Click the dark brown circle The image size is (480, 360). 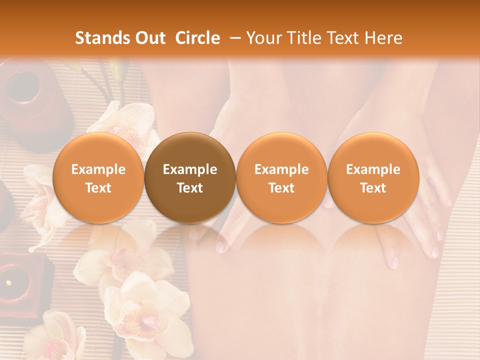coord(190,178)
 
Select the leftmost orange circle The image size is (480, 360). coord(98,178)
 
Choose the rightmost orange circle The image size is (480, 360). coord(373,178)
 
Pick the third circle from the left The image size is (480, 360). coord(281,178)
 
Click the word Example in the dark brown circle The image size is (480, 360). coord(190,169)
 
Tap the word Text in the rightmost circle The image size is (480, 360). coord(373,188)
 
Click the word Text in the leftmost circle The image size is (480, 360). coord(98,188)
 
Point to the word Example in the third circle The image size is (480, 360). coord(281,169)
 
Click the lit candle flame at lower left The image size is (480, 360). coord(8,283)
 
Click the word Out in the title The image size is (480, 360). coord(150,38)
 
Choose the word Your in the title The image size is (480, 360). coord(261,38)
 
